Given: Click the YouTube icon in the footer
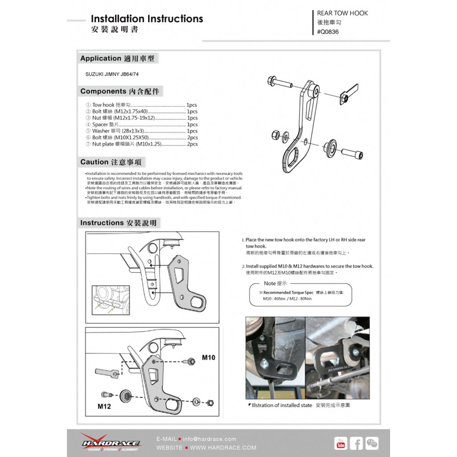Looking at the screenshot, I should [x=341, y=443].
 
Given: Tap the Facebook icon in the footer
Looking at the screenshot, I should [x=356, y=443].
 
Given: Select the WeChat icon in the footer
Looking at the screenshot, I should [x=372, y=443].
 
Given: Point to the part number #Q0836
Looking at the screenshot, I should [x=328, y=32].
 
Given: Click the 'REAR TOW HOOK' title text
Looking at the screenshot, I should [x=342, y=13].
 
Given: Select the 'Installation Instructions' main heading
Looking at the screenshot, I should [x=147, y=19].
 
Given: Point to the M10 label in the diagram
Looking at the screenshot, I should [x=208, y=357].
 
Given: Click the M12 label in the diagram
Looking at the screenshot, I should [x=104, y=407].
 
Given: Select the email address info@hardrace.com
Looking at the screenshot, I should [x=209, y=439].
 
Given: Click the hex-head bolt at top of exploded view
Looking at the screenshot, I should [x=279, y=83].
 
